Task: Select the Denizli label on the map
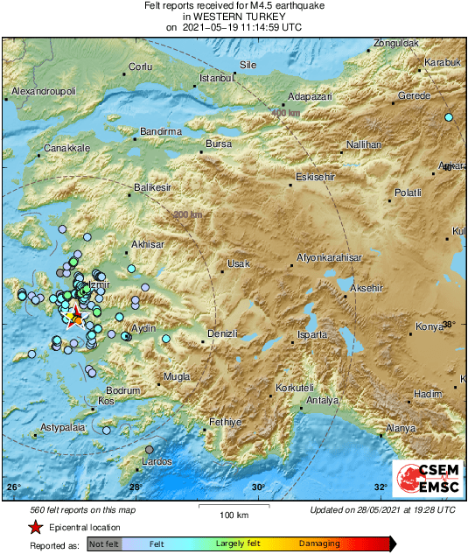222,333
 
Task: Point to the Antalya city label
322,401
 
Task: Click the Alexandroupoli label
45,91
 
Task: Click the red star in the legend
34,527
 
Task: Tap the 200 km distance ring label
189,215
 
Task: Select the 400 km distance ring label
284,114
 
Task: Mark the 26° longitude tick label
13,487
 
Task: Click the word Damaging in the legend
319,543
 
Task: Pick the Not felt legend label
105,543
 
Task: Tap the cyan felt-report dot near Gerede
449,117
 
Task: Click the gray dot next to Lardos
150,450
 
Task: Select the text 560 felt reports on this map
73,509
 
